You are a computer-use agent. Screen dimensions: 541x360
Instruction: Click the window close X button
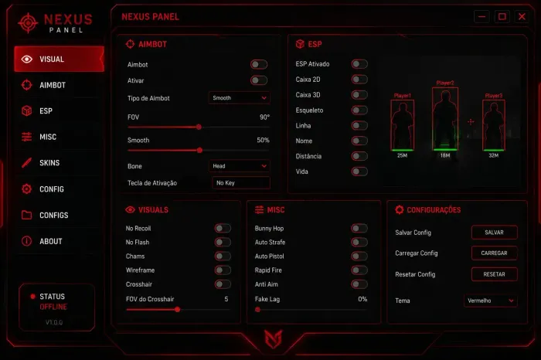522,16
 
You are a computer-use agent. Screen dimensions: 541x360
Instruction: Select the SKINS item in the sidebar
49,163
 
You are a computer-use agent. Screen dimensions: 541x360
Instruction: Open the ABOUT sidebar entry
51,241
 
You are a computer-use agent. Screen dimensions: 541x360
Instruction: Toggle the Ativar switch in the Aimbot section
259,80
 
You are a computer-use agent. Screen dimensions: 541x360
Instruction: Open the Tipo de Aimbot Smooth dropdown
239,98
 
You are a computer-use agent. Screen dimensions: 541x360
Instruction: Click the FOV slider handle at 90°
199,127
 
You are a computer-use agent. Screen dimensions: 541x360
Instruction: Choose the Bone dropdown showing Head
239,166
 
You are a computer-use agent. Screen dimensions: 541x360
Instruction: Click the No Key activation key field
241,183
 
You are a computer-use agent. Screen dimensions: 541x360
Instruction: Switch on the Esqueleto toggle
359,110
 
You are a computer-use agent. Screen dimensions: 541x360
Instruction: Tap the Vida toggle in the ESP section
359,172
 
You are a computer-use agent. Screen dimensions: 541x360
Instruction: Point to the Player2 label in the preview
445,83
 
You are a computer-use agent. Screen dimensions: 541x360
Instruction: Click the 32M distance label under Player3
493,155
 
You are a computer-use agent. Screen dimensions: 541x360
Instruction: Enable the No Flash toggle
223,242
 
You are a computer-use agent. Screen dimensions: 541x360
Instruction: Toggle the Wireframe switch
223,270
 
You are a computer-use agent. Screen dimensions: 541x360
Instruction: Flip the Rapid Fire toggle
359,270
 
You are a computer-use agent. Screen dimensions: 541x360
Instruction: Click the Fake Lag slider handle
257,310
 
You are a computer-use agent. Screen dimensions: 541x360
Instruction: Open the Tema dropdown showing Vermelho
490,301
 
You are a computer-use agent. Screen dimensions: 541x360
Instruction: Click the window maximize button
502,16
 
